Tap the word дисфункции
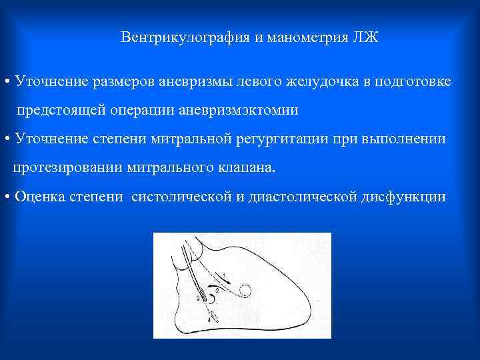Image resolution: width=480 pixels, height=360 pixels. pos(401,197)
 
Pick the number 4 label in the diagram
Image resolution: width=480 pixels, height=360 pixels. pos(209,321)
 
